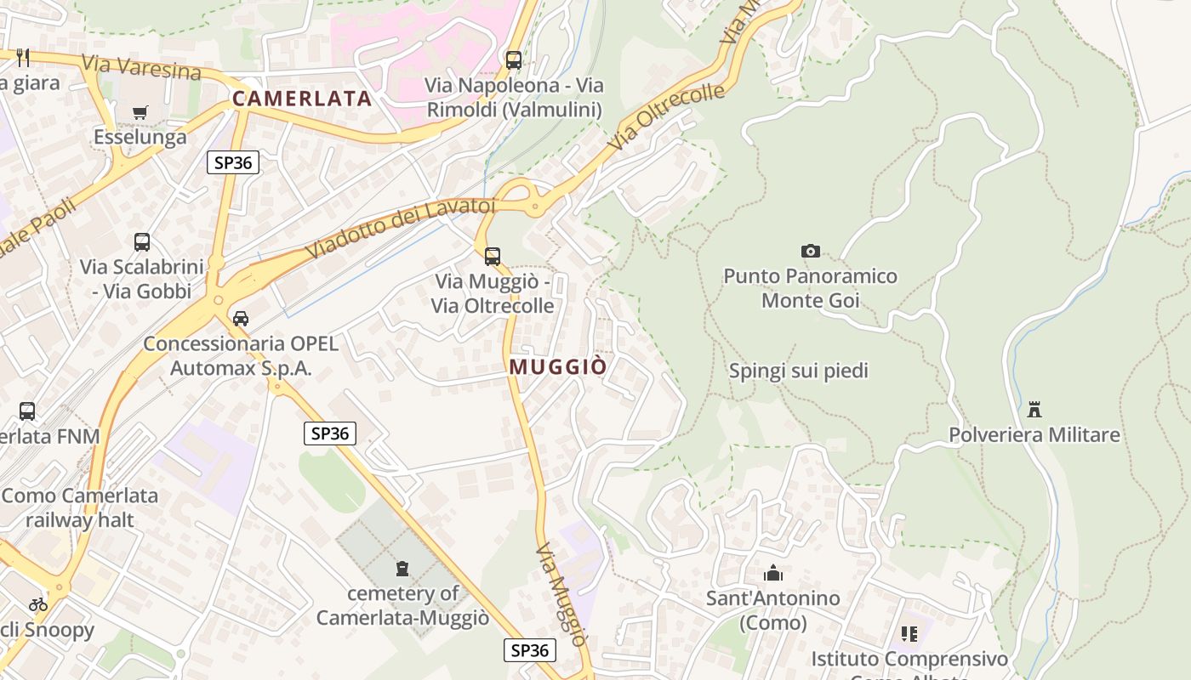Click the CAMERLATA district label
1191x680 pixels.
pyautogui.click(x=302, y=99)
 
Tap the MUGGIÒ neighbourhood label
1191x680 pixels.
pyautogui.click(x=558, y=367)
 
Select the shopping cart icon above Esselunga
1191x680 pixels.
pyautogui.click(x=140, y=112)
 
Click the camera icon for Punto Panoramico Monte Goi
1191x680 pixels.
pyautogui.click(x=810, y=251)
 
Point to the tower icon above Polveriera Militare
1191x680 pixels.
pyautogui.click(x=1034, y=410)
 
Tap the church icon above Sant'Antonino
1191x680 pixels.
pyautogui.click(x=772, y=574)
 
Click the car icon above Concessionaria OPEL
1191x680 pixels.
pyautogui.click(x=241, y=319)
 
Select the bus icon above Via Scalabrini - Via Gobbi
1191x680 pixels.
pyautogui.click(x=142, y=242)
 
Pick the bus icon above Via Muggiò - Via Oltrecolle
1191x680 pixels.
pyautogui.click(x=493, y=256)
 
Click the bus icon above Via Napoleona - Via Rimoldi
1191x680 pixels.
pyautogui.click(x=514, y=60)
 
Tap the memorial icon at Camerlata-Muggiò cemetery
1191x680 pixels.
pyautogui.click(x=402, y=569)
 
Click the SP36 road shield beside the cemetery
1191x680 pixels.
pyautogui.click(x=330, y=433)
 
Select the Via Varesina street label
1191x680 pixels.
pyautogui.click(x=141, y=67)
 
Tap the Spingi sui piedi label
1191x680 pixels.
pyautogui.click(x=799, y=371)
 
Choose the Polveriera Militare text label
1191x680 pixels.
pyautogui.click(x=1034, y=435)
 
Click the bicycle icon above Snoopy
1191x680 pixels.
pyautogui.click(x=38, y=604)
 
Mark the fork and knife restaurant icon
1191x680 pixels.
pyautogui.click(x=23, y=58)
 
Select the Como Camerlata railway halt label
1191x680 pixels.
pyautogui.click(x=80, y=507)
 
